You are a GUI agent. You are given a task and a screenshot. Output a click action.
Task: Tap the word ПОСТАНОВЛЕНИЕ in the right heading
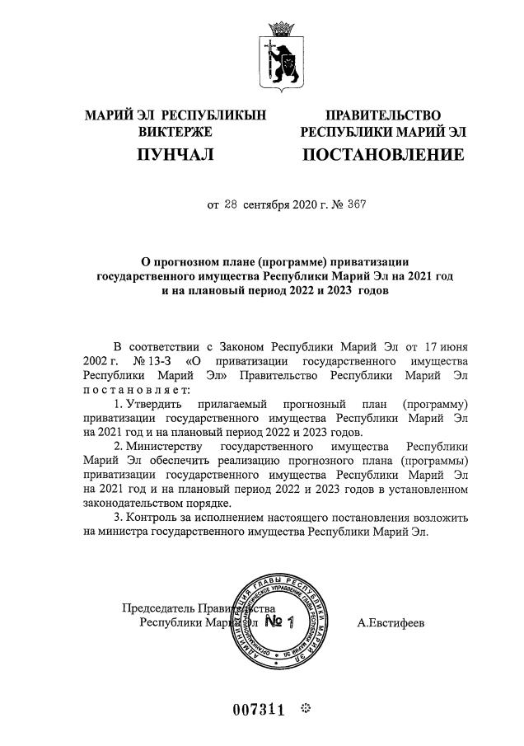pos(383,154)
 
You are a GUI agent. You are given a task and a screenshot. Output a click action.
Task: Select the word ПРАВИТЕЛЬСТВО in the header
pos(383,115)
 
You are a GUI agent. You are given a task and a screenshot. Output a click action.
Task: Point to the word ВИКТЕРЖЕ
pos(175,132)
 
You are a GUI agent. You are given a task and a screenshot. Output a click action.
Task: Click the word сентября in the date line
pos(267,204)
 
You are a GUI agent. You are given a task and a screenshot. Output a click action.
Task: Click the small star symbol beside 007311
pos(305,708)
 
